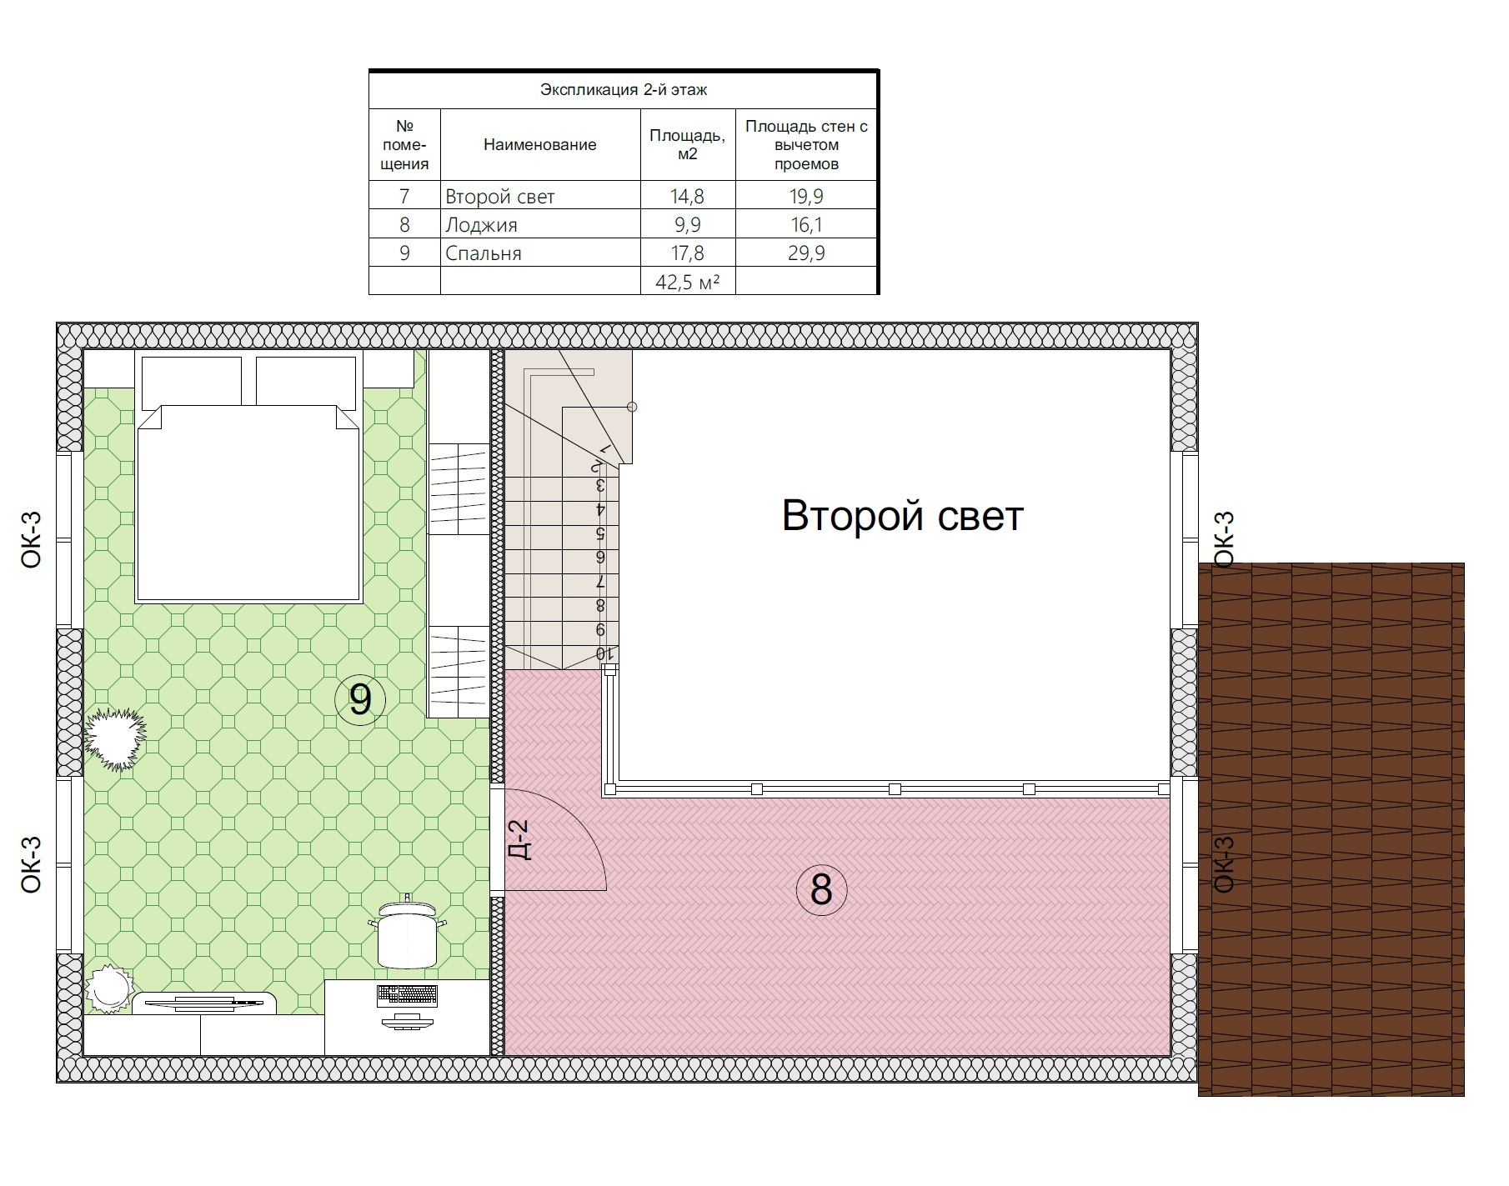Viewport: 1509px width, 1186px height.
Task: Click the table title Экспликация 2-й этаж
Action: pyautogui.click(x=624, y=90)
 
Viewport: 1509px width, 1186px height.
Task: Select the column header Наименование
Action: pyautogui.click(x=540, y=145)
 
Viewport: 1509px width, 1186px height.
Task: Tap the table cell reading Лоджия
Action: pyautogui.click(x=481, y=225)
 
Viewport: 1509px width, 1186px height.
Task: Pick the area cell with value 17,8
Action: pyautogui.click(x=687, y=253)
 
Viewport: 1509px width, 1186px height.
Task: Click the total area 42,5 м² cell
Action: pyautogui.click(x=687, y=282)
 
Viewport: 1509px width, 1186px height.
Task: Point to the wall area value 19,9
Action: pyautogui.click(x=806, y=197)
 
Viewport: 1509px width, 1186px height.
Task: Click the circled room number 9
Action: pyautogui.click(x=360, y=700)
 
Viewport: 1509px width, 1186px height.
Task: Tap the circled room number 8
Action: pyautogui.click(x=821, y=889)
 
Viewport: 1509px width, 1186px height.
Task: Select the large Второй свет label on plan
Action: pyautogui.click(x=903, y=516)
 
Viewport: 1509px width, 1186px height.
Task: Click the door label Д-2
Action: pyautogui.click(x=519, y=839)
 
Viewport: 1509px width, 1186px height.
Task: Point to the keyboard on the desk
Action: pyautogui.click(x=407, y=994)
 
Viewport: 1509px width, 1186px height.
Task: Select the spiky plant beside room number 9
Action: pyautogui.click(x=116, y=738)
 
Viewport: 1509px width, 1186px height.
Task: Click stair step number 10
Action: pyautogui.click(x=600, y=653)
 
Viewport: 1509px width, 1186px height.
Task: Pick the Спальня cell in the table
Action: pyautogui.click(x=484, y=253)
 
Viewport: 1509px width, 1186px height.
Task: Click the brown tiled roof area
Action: pyautogui.click(x=1331, y=829)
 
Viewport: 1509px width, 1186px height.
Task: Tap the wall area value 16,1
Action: pyautogui.click(x=806, y=225)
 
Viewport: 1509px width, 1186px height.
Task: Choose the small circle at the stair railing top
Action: pyautogui.click(x=632, y=407)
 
